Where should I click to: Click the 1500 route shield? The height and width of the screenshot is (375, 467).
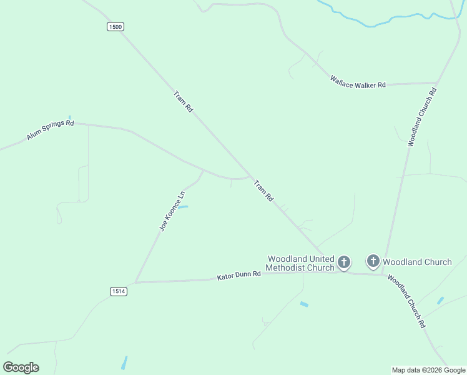point(116,26)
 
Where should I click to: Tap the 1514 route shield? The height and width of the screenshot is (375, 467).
point(119,291)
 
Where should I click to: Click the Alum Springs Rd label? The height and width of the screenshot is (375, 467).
point(51,131)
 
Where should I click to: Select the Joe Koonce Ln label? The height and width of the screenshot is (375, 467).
point(172,211)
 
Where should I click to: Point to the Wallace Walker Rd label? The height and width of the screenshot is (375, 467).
point(358,82)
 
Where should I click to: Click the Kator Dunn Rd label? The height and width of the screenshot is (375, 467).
point(238,276)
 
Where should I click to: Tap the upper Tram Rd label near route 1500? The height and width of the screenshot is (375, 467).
point(184,101)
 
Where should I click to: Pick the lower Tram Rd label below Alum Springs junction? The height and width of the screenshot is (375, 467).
point(263,191)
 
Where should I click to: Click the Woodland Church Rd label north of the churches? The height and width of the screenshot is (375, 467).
point(422,117)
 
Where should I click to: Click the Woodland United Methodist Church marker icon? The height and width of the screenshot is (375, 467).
point(344,262)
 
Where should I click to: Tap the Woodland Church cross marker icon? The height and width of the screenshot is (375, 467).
point(373,261)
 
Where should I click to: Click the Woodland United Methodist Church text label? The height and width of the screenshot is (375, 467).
point(301,263)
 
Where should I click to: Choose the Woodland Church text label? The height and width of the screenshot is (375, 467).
point(416,262)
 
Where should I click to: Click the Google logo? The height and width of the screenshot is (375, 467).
point(21,367)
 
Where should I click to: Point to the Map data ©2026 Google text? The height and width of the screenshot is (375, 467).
point(428,370)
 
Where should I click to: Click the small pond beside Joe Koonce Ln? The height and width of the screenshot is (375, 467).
point(184,206)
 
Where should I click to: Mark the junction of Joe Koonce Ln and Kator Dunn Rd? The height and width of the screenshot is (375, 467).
point(135,282)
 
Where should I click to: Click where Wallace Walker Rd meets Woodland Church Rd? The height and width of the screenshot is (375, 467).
point(436,82)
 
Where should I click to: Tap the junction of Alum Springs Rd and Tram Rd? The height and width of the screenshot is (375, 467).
point(250,176)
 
